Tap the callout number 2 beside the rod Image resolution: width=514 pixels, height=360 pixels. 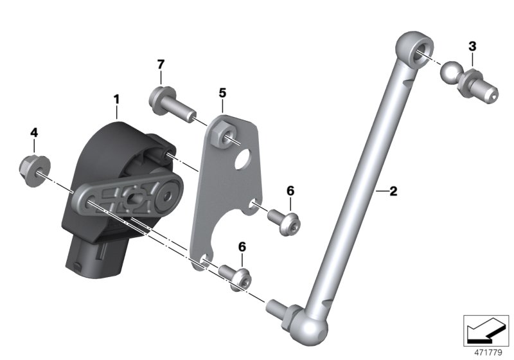point(393,191)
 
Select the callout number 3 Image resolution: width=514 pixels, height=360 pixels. point(472,46)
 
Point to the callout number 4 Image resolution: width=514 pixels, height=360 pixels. point(34,132)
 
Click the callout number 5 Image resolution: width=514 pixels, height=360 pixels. point(222,93)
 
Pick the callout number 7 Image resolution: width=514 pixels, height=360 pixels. point(161,64)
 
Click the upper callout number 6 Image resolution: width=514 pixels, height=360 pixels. point(290,191)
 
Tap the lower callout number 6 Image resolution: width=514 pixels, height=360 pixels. point(242,247)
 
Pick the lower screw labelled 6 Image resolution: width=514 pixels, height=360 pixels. point(238,275)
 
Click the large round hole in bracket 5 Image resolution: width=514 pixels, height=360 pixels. point(243,158)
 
